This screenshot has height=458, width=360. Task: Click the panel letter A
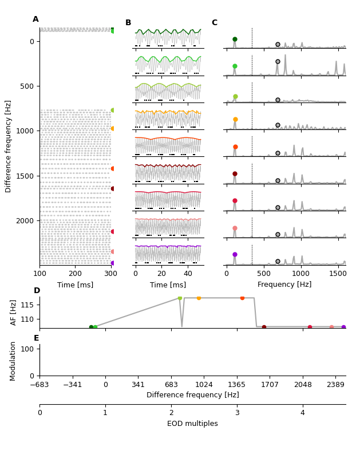35,19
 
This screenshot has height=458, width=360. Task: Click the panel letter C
214,23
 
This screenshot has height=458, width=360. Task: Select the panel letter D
37,291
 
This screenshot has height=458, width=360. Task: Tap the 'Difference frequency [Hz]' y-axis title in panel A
9,146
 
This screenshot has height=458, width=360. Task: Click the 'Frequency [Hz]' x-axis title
284,285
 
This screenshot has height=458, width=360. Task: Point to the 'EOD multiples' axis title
192,424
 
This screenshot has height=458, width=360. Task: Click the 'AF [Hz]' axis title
14,312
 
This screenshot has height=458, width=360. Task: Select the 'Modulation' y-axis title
13,361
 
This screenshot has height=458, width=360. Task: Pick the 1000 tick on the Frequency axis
301,274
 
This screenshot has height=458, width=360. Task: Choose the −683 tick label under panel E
39,384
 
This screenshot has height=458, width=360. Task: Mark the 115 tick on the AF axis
28,305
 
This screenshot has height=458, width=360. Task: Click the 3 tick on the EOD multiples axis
237,413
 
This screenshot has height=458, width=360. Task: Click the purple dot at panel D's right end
343,327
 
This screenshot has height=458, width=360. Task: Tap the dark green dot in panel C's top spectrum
235,40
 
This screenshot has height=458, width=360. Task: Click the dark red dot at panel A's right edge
113,188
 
